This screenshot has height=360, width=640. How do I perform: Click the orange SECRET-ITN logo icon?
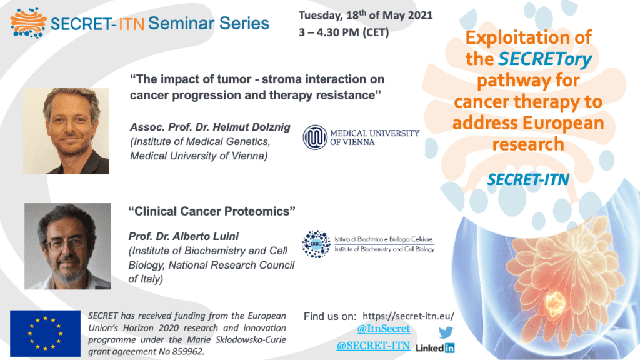28,22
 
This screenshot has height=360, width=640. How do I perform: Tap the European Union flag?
45,334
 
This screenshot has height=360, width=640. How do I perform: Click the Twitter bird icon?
446,332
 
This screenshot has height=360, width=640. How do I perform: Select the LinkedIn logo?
435,348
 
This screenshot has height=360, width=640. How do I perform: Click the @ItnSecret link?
383,329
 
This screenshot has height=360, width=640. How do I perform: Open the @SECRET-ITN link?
373,346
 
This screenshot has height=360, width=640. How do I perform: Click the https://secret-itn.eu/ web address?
408,316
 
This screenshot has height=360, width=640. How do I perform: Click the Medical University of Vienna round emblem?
315,137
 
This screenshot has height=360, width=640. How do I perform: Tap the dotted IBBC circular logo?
316,244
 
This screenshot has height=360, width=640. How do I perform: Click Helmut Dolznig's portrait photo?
66,131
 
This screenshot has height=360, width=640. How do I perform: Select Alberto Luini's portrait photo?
67,246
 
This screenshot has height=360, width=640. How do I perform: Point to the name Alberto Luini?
206,236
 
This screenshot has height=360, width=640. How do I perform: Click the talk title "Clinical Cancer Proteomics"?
212,211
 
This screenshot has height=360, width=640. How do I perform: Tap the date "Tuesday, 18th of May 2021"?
366,15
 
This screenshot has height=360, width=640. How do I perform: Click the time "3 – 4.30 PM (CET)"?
344,32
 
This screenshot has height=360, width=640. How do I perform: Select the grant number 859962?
187,351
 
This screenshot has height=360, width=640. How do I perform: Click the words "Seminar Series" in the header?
209,23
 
